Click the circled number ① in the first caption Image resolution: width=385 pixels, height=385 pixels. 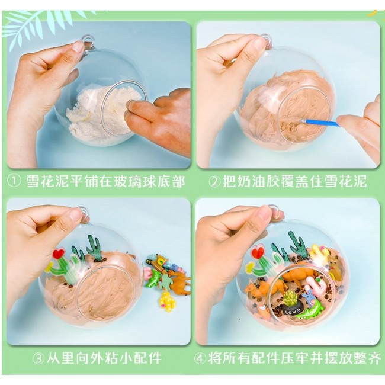click(x=14, y=182)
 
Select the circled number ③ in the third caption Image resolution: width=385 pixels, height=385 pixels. click(x=38, y=358)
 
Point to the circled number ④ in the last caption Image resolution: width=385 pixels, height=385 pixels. click(x=200, y=358)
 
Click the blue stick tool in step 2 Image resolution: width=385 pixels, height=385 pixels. click(x=320, y=123)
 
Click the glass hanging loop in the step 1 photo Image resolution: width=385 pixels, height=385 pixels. click(x=88, y=41)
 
